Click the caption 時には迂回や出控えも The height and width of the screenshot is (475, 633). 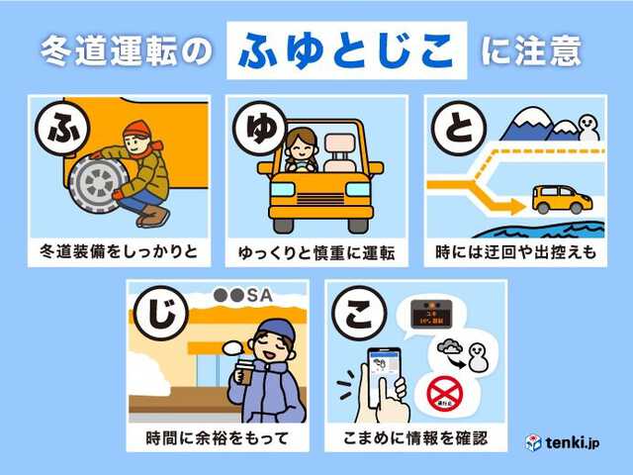click(514, 252)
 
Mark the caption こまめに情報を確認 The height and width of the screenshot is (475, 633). click(415, 437)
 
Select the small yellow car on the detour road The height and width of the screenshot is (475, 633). click(561, 198)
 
